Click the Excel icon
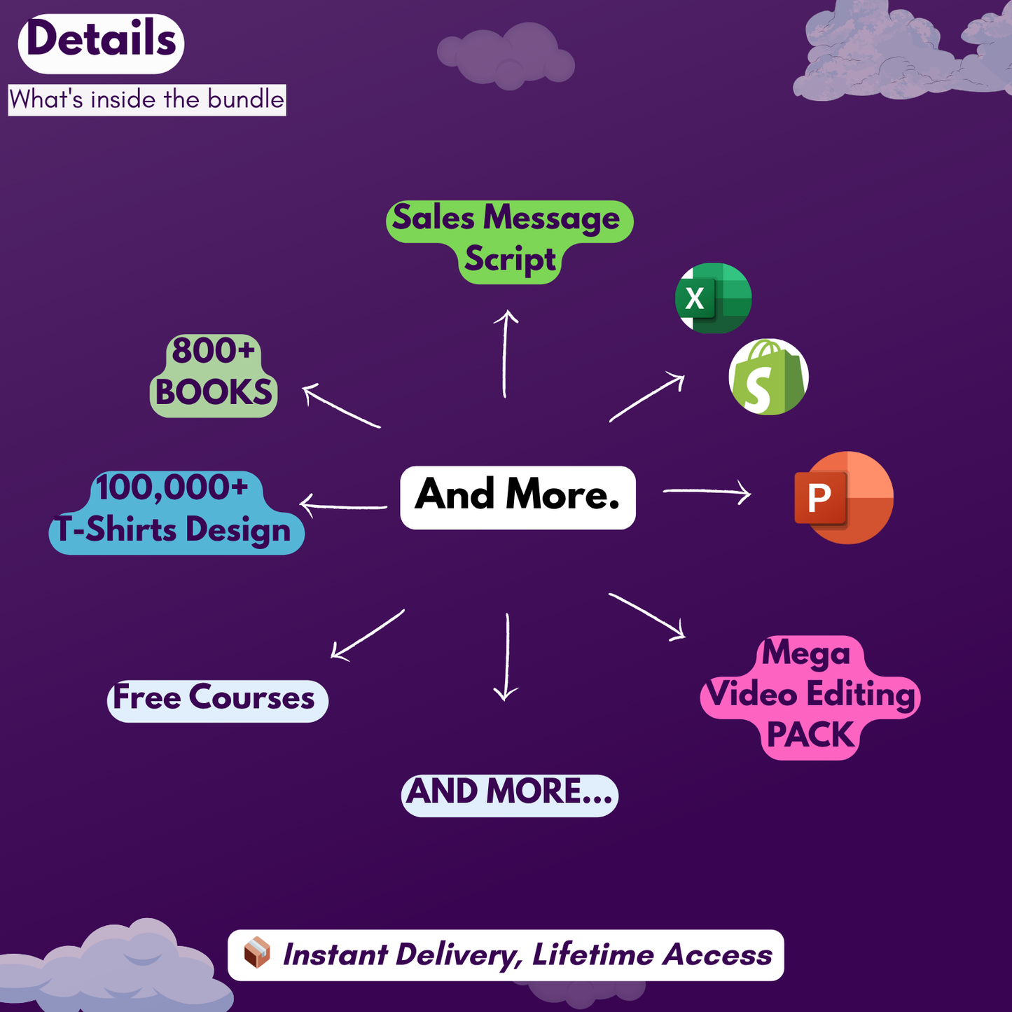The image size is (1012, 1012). [x=713, y=298]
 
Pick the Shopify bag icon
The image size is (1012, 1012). [x=768, y=377]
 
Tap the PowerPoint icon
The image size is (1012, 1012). [x=843, y=498]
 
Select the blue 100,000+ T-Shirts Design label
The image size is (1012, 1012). [x=175, y=511]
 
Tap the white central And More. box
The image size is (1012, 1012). [x=518, y=497]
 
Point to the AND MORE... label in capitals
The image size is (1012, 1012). [x=509, y=794]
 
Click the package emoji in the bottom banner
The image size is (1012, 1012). [x=256, y=954]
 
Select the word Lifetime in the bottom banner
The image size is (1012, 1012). [x=592, y=955]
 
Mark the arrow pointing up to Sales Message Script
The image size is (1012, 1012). [x=505, y=354]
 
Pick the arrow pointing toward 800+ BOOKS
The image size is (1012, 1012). [x=341, y=406]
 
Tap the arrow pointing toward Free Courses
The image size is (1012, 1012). [x=367, y=635]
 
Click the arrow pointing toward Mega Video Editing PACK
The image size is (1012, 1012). [x=647, y=616]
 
